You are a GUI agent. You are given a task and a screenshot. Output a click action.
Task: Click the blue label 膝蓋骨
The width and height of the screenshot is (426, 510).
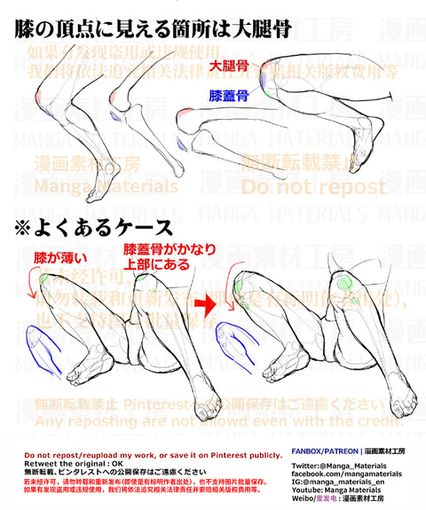(x=229, y=94)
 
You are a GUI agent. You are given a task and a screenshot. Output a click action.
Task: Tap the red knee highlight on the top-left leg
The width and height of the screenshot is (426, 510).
(x=56, y=116)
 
